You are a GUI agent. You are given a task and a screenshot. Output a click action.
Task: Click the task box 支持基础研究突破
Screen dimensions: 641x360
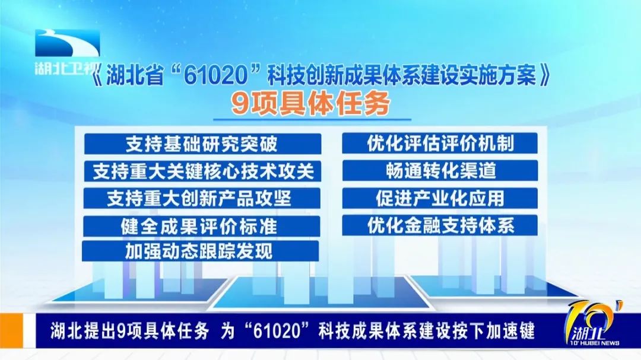click(x=202, y=144)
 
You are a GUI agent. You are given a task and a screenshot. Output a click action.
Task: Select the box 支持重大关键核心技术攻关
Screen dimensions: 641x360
click(x=202, y=171)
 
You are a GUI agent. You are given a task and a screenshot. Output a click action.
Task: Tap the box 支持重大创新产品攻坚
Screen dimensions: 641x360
click(x=202, y=199)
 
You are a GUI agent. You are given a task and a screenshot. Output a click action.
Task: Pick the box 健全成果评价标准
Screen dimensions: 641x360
click(x=202, y=226)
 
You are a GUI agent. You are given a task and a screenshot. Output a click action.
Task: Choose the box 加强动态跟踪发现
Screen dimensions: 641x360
click(x=201, y=251)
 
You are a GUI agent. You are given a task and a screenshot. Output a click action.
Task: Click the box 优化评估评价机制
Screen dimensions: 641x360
click(x=440, y=144)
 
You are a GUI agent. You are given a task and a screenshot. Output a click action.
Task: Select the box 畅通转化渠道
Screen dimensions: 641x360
click(x=440, y=171)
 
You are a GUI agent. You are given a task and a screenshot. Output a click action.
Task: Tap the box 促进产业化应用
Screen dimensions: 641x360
click(x=440, y=198)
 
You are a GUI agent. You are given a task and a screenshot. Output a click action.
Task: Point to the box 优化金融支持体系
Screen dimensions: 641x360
click(x=440, y=225)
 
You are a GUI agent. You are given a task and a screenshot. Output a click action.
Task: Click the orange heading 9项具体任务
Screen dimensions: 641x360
click(x=310, y=104)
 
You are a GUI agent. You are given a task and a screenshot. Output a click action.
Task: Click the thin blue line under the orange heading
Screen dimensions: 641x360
click(x=312, y=120)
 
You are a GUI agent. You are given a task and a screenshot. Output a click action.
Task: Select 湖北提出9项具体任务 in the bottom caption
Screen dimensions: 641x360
click(x=130, y=331)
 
